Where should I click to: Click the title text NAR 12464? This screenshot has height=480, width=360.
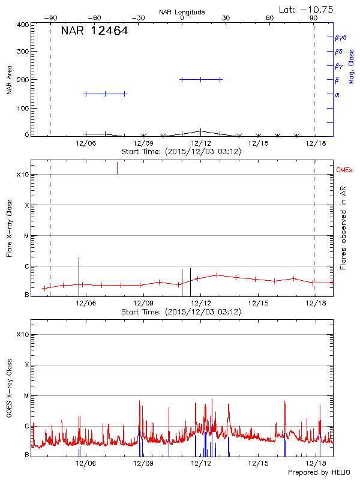click(94, 31)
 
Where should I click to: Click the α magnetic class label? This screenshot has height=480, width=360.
click(337, 94)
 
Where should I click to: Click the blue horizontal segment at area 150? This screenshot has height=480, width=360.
click(105, 94)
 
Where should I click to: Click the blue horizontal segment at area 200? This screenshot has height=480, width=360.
click(201, 79)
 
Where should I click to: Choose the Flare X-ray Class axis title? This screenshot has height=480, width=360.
click(10, 228)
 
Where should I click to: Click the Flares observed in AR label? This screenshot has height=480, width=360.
click(343, 228)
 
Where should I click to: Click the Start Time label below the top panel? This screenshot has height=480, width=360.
click(181, 152)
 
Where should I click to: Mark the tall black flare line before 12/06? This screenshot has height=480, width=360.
click(79, 273)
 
